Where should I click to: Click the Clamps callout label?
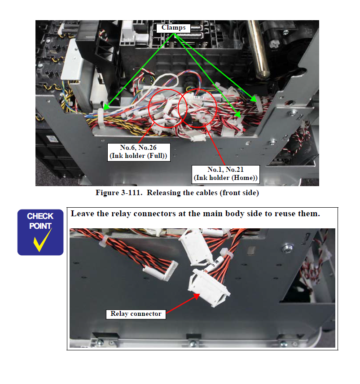coord(174,28)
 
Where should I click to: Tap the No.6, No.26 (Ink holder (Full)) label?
coord(139,152)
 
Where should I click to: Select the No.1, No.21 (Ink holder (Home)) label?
coord(225,174)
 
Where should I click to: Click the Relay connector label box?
coord(136,314)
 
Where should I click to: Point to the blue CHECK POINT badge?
coord(40,232)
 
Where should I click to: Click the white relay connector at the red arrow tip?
coord(209,287)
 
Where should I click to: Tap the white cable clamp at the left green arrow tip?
coord(101,118)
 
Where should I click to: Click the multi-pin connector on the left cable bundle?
coord(161,271)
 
